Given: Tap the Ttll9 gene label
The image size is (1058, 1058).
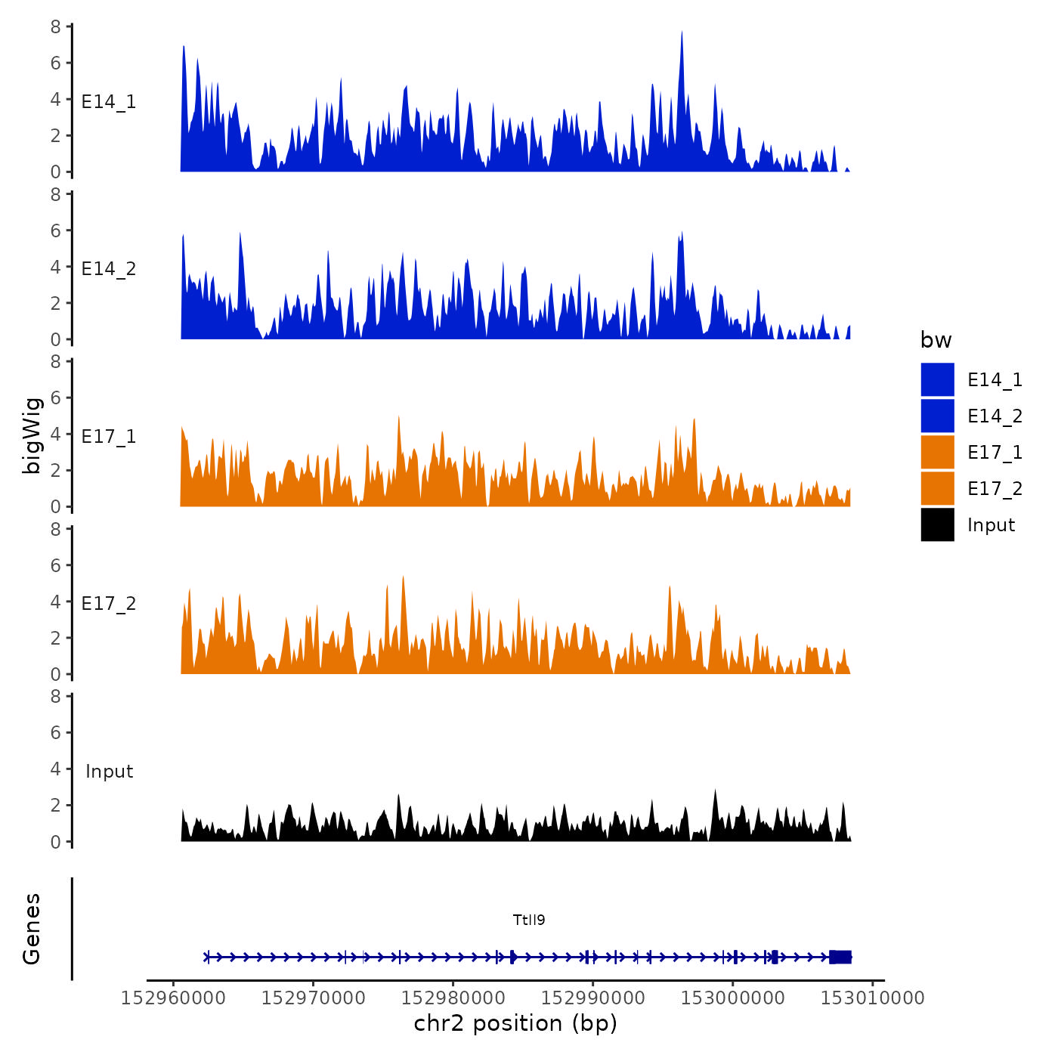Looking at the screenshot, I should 529,920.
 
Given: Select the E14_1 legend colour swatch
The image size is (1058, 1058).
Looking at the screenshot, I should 937,379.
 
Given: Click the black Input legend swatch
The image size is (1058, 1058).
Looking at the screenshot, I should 937,524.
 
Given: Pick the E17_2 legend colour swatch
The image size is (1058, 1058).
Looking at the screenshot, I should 937,488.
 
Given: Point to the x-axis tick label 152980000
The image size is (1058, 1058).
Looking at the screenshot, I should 453,998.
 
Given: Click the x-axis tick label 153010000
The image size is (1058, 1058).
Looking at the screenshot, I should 873,998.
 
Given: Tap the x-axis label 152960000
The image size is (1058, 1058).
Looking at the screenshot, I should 174,998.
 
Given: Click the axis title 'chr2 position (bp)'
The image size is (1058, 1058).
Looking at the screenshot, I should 515,1023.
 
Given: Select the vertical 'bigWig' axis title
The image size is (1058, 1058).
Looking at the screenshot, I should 32,435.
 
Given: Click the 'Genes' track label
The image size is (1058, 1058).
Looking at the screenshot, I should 32,929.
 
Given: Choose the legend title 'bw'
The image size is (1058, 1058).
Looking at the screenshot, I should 936,340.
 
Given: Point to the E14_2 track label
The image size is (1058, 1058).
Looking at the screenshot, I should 109,269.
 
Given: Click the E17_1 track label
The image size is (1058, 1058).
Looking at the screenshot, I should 109,436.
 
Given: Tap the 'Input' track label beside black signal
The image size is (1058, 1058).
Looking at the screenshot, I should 109,771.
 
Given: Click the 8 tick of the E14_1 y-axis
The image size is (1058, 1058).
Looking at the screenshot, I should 56,26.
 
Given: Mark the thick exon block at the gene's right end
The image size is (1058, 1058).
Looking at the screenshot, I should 840,957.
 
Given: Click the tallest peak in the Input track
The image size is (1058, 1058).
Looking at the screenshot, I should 715,792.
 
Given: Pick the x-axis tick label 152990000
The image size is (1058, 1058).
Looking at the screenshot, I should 593,998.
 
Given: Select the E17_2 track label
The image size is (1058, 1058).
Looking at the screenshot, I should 109,603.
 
